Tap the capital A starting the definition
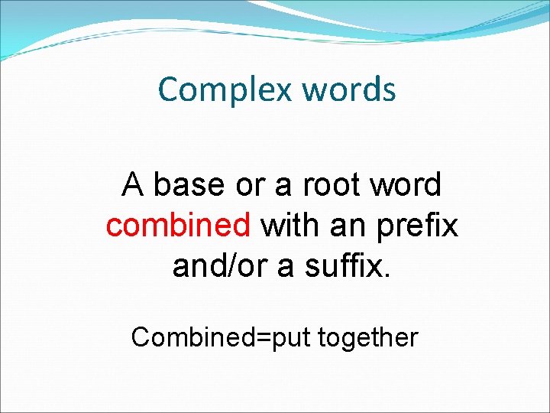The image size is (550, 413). coord(132,185)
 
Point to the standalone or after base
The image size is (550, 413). coord(245,185)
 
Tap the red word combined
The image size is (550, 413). coord(178,226)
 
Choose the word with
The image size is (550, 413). coord(290,226)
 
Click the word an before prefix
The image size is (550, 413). coord(348,226)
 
